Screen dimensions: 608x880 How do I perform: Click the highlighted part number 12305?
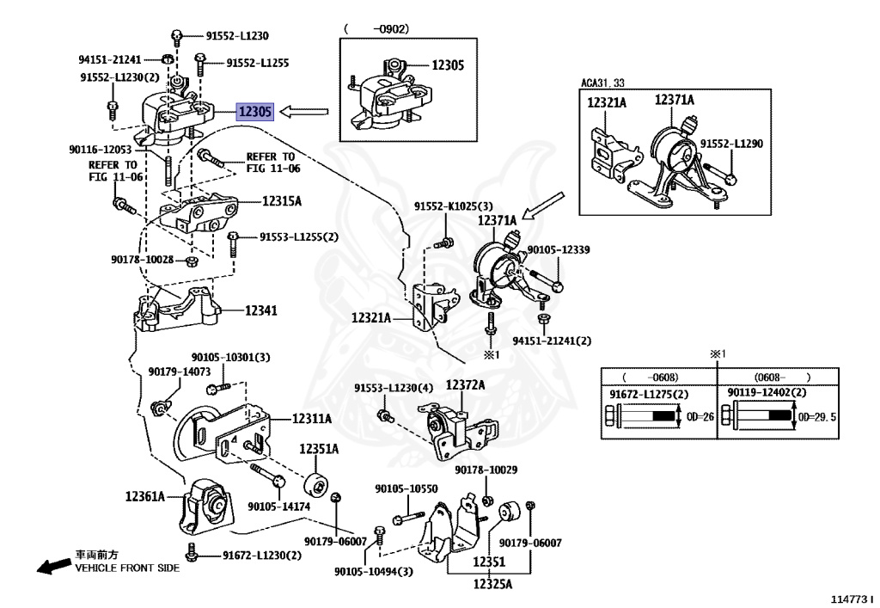click(255, 111)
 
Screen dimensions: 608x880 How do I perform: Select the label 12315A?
click(281, 201)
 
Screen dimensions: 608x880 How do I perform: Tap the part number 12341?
click(260, 310)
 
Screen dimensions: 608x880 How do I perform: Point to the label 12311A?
click(311, 419)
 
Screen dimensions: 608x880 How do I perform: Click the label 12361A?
click(144, 496)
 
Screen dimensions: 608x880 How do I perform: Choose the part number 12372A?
click(464, 385)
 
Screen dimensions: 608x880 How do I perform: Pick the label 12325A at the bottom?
click(492, 585)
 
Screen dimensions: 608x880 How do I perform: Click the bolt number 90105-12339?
click(559, 249)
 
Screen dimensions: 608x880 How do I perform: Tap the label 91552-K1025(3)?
click(454, 206)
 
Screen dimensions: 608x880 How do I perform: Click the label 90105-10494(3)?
click(374, 572)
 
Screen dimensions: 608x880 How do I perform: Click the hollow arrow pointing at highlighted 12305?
click(305, 111)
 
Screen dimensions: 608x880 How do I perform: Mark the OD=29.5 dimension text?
click(816, 416)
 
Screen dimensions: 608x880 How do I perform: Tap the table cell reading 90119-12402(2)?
click(767, 393)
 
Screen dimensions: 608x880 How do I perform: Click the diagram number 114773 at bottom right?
click(850, 599)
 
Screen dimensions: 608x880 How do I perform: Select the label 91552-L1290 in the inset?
click(731, 144)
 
